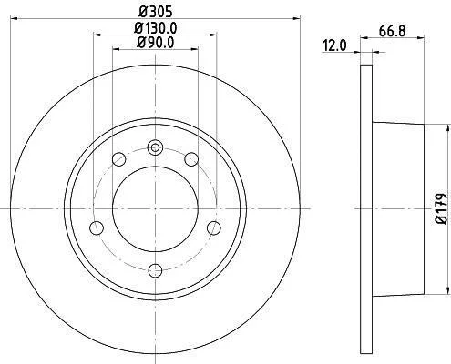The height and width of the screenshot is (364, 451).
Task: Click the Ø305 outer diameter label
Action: click(156, 12)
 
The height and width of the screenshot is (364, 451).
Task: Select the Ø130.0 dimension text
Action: click(156, 28)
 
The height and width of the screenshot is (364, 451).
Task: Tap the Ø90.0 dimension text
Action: click(156, 43)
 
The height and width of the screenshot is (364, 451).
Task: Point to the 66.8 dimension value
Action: click(392, 31)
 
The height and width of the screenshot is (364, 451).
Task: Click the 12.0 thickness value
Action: click(334, 46)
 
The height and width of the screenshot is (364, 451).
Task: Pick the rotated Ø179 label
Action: click(441, 208)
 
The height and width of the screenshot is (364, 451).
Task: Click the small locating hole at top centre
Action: click(155, 148)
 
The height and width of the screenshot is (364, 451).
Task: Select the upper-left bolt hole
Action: click(118, 159)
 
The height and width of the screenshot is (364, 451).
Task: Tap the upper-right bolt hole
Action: click(191, 159)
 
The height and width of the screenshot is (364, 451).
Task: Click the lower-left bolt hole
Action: click(97, 227)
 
